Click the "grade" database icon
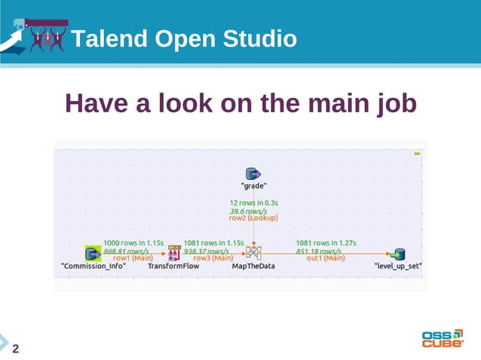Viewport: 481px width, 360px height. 254,174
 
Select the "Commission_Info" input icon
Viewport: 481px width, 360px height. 93,254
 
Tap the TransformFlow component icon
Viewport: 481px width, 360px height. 173,254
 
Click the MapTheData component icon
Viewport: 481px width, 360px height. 253,254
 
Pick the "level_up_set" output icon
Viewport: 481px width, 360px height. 398,254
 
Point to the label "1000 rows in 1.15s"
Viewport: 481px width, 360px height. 133,243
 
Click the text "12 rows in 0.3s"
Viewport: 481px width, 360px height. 254,203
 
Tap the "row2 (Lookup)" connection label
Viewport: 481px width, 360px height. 254,218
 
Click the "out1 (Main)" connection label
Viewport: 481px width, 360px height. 326,258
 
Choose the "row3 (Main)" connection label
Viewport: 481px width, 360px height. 212,258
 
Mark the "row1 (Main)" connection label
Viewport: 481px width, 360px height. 133,258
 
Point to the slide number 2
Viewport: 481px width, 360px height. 15,348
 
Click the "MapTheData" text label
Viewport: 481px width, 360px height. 253,267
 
